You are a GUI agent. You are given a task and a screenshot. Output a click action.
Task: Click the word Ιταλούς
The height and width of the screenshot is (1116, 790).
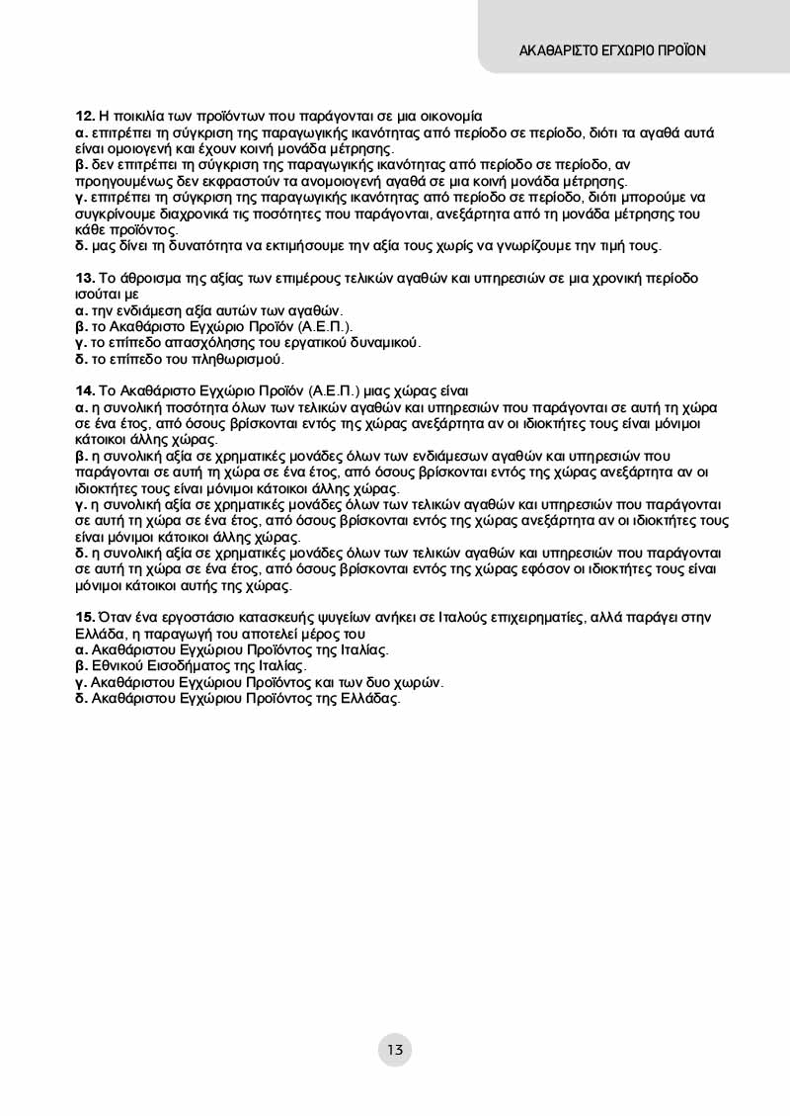click(x=469, y=617)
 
